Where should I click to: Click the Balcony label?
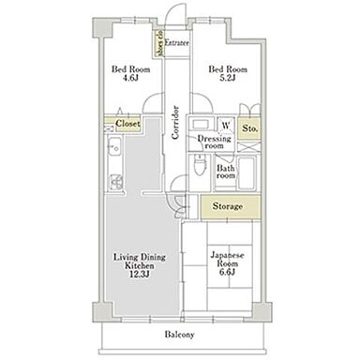(x=179, y=335)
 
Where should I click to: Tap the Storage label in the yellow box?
(x=228, y=206)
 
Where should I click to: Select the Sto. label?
(x=250, y=128)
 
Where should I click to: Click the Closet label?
(x=127, y=124)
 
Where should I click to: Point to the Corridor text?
(x=175, y=123)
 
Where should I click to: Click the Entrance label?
(x=176, y=42)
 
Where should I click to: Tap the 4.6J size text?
(x=130, y=78)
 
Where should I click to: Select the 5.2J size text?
(x=227, y=78)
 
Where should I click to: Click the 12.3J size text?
(x=140, y=275)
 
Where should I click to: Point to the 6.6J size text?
(x=227, y=272)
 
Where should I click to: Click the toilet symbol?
(x=199, y=166)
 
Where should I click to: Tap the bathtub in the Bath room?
(x=247, y=172)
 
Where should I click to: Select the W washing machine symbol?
(x=226, y=126)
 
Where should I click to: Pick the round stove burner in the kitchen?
(x=116, y=182)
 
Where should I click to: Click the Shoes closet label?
(x=159, y=43)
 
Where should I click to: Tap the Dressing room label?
(x=215, y=142)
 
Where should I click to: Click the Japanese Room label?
(x=227, y=260)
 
